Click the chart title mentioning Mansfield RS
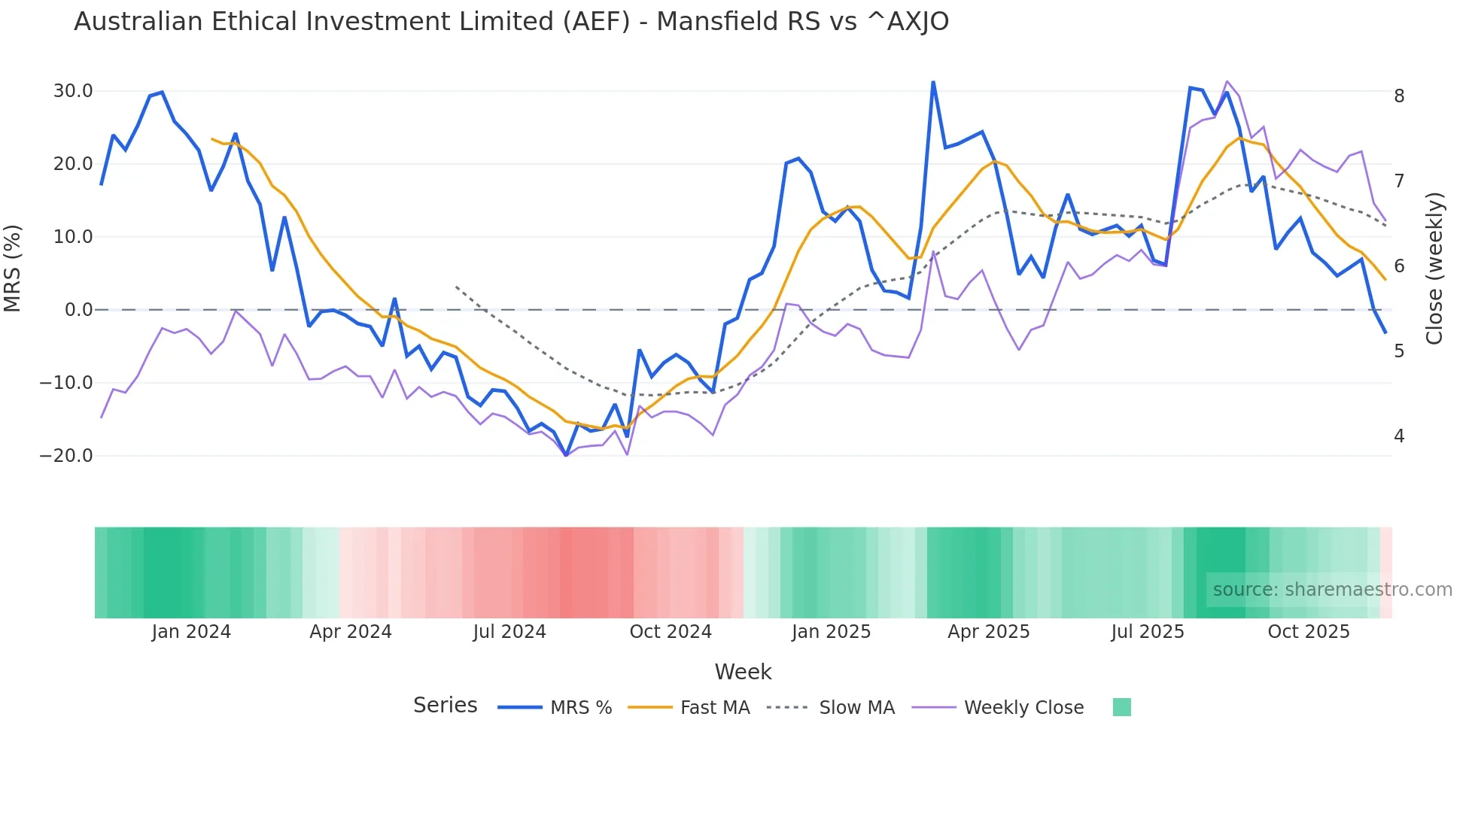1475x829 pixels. click(x=511, y=22)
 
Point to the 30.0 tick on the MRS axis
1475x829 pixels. click(x=73, y=91)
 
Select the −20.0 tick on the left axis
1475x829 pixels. click(x=66, y=456)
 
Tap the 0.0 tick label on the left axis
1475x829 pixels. click(x=78, y=310)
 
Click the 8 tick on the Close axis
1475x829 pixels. click(x=1399, y=96)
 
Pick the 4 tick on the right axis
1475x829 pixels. click(x=1399, y=436)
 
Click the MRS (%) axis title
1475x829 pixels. click(x=13, y=268)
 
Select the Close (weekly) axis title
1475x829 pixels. click(x=1434, y=268)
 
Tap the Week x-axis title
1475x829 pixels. click(x=743, y=672)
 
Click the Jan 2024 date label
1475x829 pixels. click(x=191, y=632)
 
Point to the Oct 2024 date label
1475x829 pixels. click(x=671, y=632)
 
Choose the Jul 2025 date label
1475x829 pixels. click(x=1148, y=632)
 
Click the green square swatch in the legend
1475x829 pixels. click(x=1121, y=707)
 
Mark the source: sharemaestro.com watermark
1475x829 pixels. click(x=1332, y=590)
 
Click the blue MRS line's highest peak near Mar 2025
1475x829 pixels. click(x=933, y=82)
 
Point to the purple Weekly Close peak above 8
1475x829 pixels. click(x=1227, y=81)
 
